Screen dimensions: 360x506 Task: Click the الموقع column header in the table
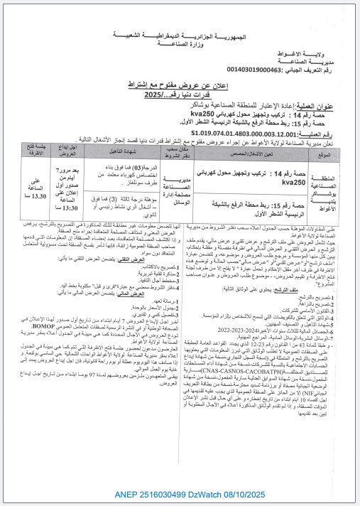[x=326, y=153]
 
